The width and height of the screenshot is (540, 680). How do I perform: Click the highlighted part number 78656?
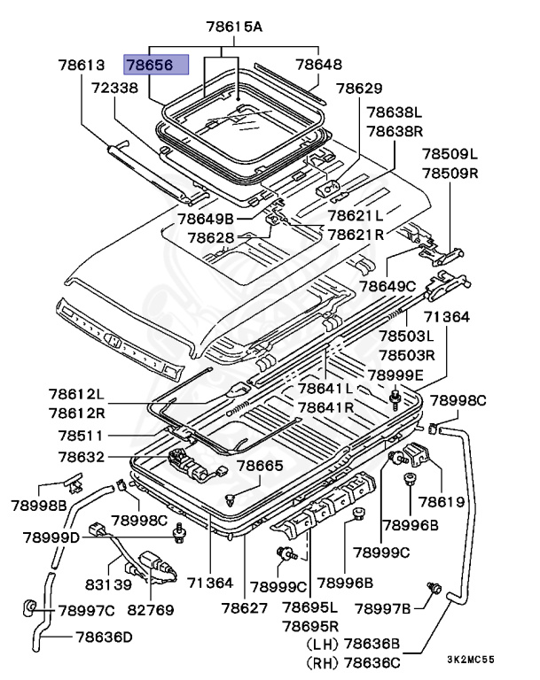coord(156,65)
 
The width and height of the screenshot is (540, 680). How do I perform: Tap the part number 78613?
coord(82,65)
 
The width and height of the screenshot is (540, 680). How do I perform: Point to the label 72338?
coord(114,88)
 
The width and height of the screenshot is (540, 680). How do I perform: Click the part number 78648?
coord(318,65)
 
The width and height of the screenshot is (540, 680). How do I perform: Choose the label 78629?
coord(359,89)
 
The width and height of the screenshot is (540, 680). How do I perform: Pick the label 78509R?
coord(449,173)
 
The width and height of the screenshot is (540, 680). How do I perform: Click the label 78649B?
coord(205,218)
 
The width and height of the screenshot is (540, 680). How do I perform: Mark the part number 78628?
coord(210,237)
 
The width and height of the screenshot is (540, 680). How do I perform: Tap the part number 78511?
coord(81,436)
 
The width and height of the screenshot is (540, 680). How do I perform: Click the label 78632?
coord(82,457)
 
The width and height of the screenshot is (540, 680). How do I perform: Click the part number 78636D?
coord(104,636)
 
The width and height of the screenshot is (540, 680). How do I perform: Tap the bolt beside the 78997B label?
coord(434,586)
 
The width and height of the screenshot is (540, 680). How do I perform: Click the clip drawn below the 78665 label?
coord(231,499)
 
